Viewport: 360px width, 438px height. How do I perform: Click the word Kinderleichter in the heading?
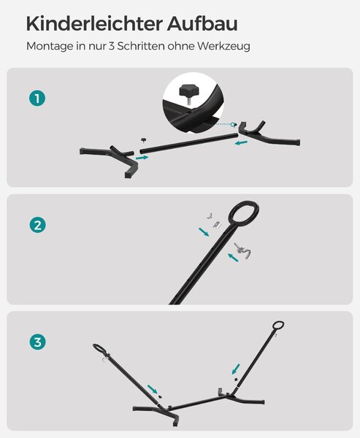coord(94,24)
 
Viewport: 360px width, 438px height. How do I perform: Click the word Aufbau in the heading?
coord(202,24)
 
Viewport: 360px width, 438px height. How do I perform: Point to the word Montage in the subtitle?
coord(50,47)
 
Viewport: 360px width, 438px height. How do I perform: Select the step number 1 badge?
coord(37,99)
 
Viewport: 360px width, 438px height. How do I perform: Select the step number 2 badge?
coord(37,225)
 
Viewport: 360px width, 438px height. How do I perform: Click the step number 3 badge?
coord(37,342)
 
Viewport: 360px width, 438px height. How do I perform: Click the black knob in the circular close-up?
coord(187,91)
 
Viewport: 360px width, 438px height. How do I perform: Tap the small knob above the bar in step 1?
coord(144,139)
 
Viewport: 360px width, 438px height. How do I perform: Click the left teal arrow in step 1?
coord(142,158)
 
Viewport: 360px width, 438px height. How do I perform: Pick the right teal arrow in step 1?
coord(241,143)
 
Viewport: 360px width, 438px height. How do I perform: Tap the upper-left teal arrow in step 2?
coord(204,232)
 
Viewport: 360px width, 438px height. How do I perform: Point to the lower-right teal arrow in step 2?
coord(233,257)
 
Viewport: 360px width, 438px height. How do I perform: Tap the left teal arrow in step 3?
coord(153,389)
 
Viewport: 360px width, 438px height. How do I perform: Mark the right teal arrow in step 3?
coord(236,369)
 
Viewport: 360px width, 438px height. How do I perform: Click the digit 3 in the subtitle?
coord(112,47)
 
